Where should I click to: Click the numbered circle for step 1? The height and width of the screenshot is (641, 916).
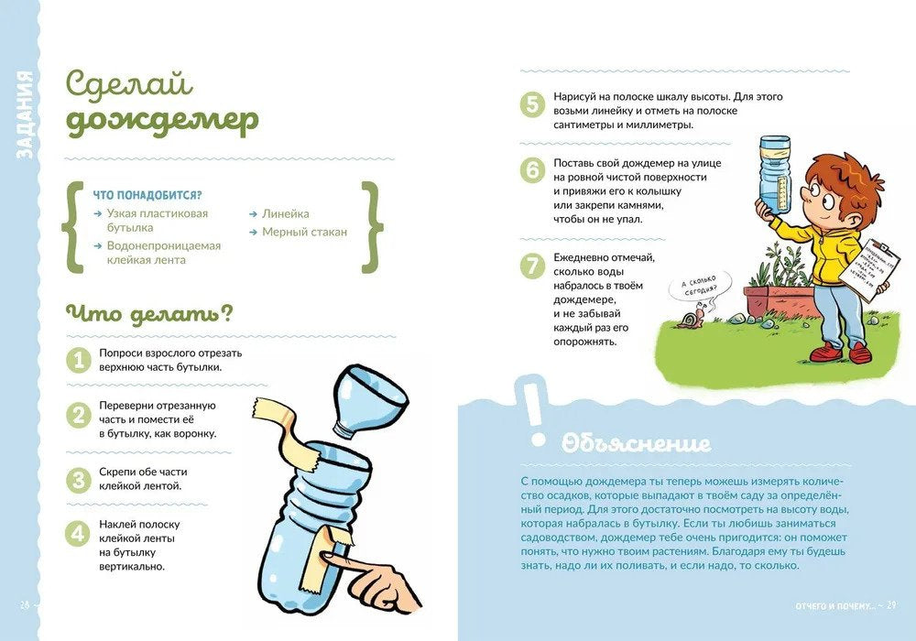pyautogui.click(x=80, y=358)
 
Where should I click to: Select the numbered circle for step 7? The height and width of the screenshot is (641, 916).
pyautogui.click(x=532, y=266)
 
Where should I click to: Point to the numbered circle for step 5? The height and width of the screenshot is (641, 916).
pyautogui.click(x=532, y=103)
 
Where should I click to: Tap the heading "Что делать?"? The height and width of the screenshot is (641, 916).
pyautogui.click(x=147, y=314)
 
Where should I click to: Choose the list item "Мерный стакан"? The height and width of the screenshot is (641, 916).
pyautogui.click(x=304, y=232)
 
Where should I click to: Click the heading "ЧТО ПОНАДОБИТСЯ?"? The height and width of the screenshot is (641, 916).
pyautogui.click(x=147, y=195)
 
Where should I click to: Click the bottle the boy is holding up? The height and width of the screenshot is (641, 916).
pyautogui.click(x=773, y=175)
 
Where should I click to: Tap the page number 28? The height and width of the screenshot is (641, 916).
pyautogui.click(x=25, y=605)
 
